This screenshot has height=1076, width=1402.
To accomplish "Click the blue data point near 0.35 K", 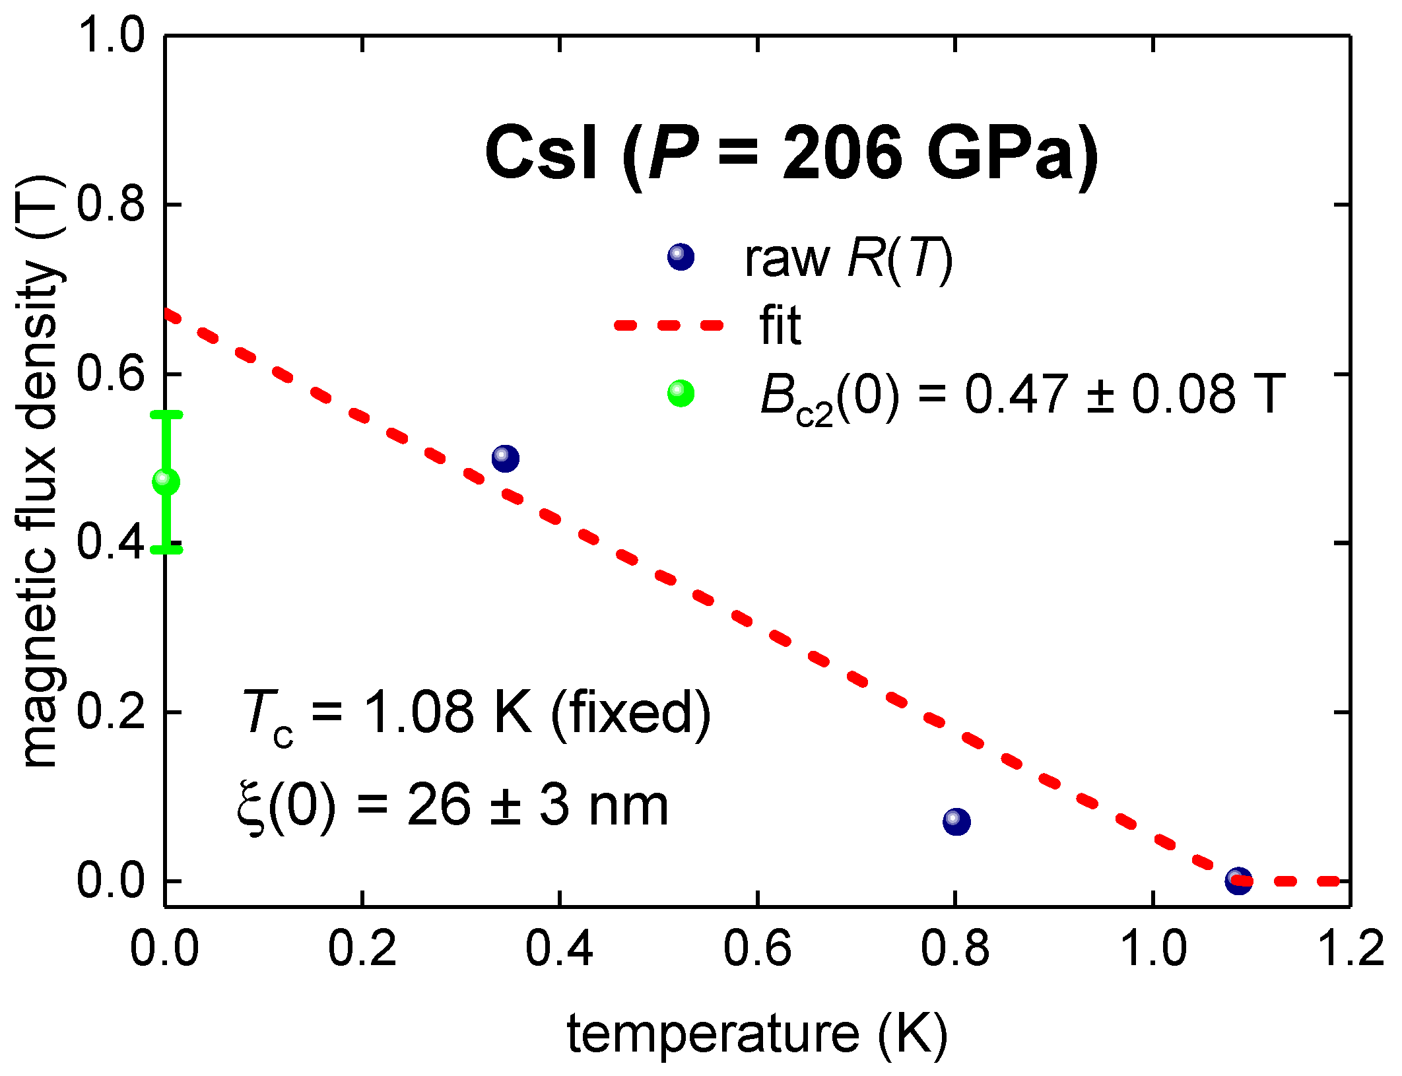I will coord(505,457).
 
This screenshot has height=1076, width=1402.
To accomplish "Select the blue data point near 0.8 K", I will coord(956,821).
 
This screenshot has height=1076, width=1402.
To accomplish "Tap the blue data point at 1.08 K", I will coord(1238,881).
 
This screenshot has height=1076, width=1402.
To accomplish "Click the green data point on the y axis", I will coord(166,482).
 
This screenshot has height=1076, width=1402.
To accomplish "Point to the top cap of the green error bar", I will coord(166,415).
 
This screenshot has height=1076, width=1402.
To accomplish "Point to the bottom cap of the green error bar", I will coord(166,549).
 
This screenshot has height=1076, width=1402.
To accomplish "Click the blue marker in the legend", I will coord(681,257).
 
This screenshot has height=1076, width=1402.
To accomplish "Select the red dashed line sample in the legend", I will coord(669,325).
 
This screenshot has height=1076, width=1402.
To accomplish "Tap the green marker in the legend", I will coord(681,393).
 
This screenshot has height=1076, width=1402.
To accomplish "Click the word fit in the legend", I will coord(780,325).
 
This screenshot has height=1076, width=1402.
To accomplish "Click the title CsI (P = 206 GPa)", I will coord(791,154).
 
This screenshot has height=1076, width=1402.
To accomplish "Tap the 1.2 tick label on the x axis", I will coord(1349,949).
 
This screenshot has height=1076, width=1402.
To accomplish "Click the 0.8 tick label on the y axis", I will coord(110,204).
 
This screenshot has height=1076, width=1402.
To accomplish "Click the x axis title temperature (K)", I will coord(756,1034).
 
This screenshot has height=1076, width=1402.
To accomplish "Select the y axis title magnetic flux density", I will coord(41,472).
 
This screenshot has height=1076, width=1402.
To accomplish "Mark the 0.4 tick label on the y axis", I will coord(110,542).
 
